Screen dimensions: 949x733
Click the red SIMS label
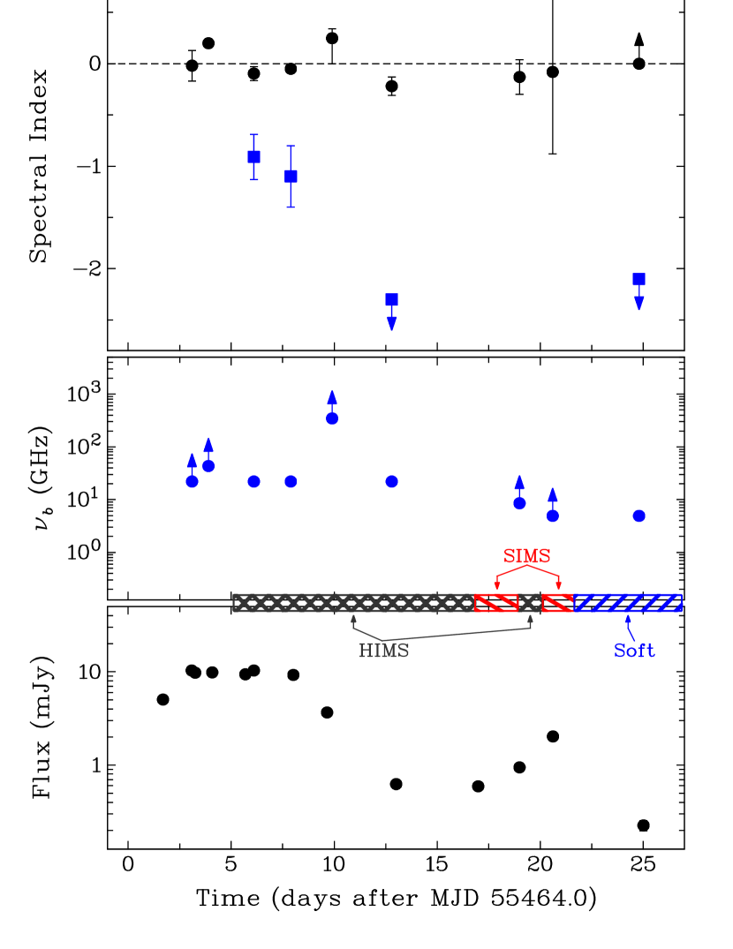click(x=527, y=556)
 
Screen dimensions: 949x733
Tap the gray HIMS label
click(x=383, y=651)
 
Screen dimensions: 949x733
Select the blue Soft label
click(x=634, y=651)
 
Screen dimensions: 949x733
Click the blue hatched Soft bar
click(x=628, y=602)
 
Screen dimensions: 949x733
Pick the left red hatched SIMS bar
click(x=496, y=602)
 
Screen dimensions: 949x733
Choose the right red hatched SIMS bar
click(x=557, y=602)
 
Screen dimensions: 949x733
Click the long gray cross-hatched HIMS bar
click(x=353, y=602)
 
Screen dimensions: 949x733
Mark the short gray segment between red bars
click(x=530, y=602)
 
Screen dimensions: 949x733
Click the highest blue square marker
click(x=254, y=157)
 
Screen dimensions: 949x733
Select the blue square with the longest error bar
click(x=291, y=177)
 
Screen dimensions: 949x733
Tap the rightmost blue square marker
click(x=639, y=280)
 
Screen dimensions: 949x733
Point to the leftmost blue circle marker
click(x=193, y=481)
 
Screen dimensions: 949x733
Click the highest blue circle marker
click(x=332, y=418)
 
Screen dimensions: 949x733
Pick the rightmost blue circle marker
click(x=639, y=516)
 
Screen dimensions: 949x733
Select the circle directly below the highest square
click(x=254, y=481)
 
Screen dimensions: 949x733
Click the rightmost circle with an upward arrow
click(x=553, y=516)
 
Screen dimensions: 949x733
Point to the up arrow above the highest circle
click(x=332, y=398)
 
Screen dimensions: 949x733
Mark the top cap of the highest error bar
click(x=254, y=135)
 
